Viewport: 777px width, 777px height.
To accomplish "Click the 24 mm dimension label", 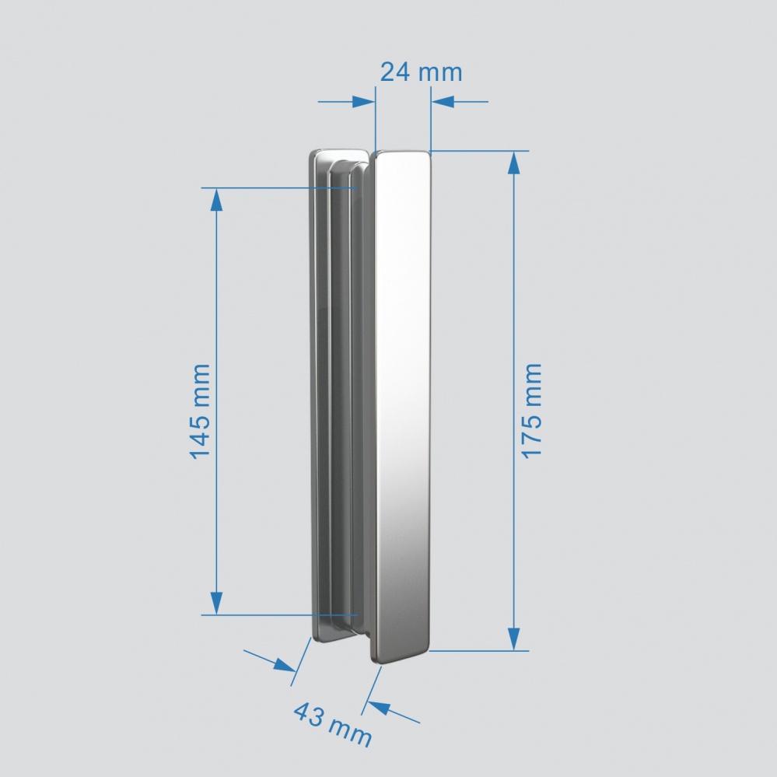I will pos(421,72).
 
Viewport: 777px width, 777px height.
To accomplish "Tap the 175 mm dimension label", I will pos(532,410).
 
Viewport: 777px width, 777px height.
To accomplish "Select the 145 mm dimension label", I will pos(200,410).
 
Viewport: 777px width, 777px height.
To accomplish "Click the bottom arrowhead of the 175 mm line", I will pos(513,639).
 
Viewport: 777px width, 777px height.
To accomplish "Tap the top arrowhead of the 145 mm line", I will pos(216,200).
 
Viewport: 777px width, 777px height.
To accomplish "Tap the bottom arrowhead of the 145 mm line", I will pos(216,603).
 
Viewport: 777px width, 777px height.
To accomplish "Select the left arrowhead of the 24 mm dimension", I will pos(363,102).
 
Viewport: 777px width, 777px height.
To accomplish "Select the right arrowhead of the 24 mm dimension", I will pos(443,102).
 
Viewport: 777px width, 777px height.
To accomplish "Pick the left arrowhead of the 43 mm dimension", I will pos(285,665).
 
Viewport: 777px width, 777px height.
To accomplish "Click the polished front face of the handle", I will pos(402,389).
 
